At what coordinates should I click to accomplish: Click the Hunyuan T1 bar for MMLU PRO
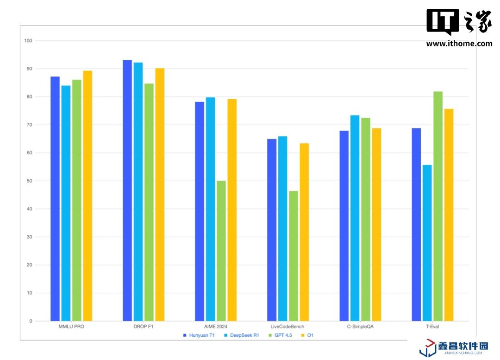55,199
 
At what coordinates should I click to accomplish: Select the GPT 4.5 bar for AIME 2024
221,251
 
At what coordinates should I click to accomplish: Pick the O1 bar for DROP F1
160,195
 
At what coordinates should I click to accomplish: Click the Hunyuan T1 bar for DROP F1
127,190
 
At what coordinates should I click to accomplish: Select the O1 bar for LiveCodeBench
304,232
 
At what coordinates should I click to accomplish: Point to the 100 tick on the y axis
28,41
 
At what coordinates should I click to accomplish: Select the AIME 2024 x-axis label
215,327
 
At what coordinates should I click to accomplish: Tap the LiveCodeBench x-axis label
287,327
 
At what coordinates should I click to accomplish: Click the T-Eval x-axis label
432,327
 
